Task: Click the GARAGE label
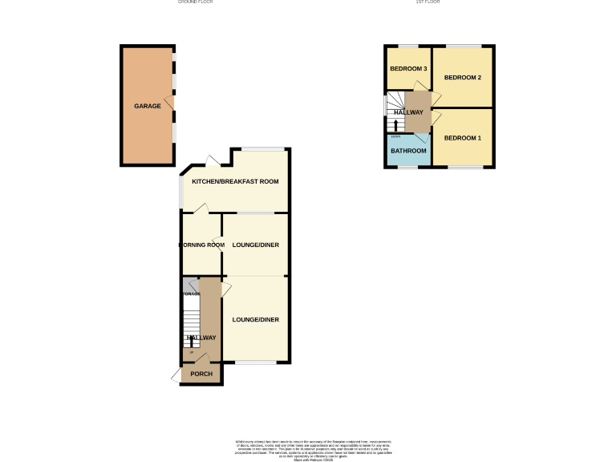coord(147,106)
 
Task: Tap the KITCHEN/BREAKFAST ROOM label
coord(234,182)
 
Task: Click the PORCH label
coord(201,374)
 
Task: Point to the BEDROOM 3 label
coord(408,69)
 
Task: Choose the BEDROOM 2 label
coord(463,78)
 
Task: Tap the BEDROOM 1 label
coord(463,138)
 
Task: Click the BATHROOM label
coord(408,151)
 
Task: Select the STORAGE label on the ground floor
coord(190,294)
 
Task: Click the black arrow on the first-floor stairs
coord(395,124)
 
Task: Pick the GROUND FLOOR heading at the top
coord(195,2)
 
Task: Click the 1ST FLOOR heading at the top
coord(428,2)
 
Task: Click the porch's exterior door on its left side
coord(176,375)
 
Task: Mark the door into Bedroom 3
coord(420,87)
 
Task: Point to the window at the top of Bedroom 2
coord(463,46)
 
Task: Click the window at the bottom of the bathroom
coord(408,166)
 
